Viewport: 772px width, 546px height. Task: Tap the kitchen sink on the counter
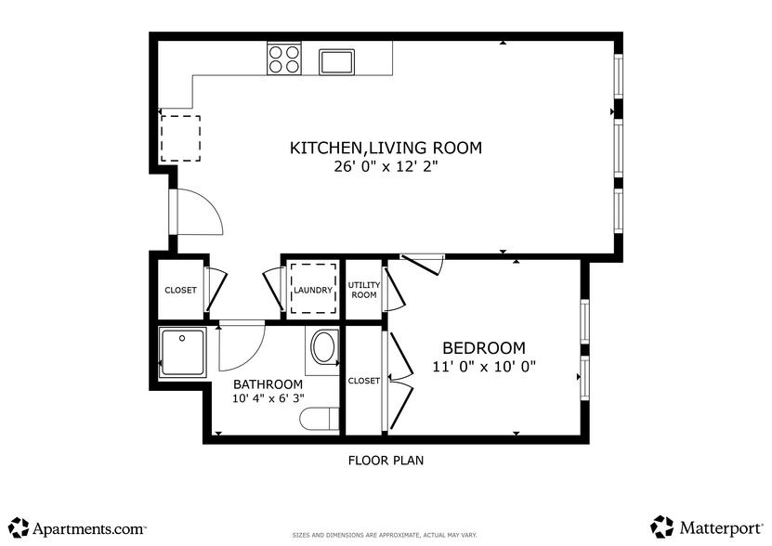tap(336, 61)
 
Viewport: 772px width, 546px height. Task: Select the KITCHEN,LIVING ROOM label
tap(386, 148)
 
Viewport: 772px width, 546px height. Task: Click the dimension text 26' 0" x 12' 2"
tap(386, 167)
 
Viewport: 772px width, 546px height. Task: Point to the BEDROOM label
tap(483, 347)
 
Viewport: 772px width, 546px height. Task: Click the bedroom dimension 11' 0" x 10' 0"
tap(484, 367)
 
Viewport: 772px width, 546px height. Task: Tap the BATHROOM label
tap(268, 384)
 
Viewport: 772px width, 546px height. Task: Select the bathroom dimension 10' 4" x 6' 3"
tap(268, 399)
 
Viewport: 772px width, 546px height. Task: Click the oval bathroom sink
tap(324, 348)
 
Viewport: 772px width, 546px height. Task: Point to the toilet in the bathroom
tap(319, 420)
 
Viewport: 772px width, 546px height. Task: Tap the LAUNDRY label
tap(312, 290)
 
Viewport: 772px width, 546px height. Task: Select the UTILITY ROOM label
tap(362, 290)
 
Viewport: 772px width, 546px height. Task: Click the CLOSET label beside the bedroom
tap(363, 381)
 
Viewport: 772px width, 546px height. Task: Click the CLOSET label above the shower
tap(180, 290)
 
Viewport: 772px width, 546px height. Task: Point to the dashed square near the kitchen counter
tap(180, 138)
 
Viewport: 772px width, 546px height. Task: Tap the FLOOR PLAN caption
tap(386, 460)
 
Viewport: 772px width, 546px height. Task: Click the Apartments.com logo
tap(78, 527)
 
